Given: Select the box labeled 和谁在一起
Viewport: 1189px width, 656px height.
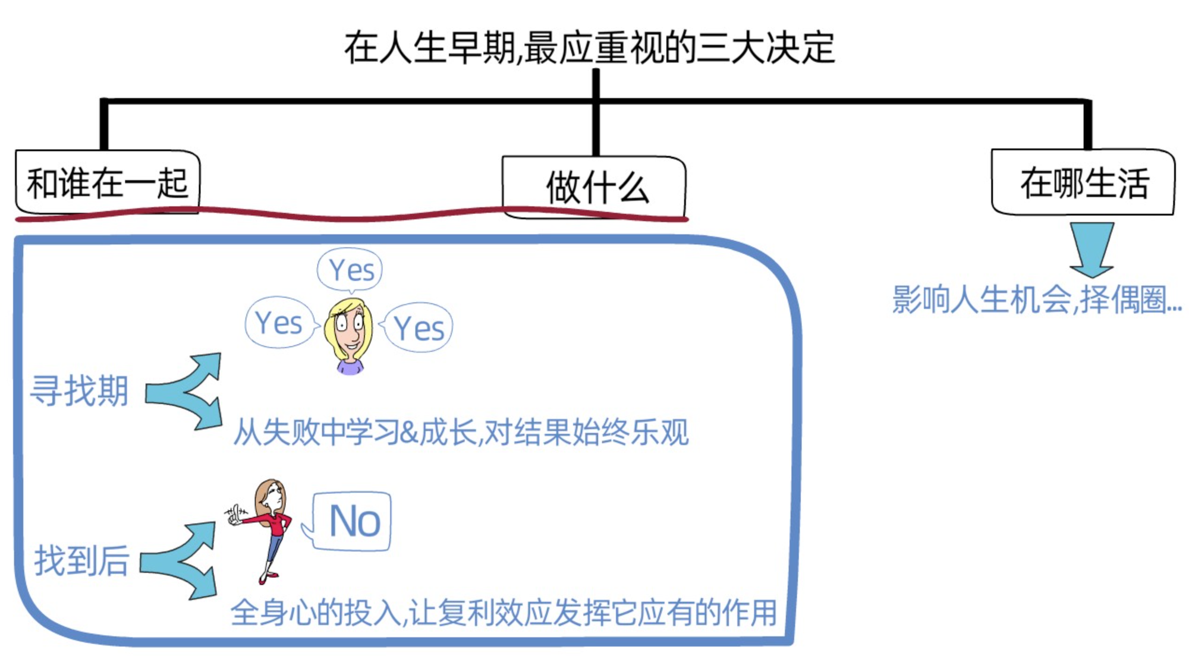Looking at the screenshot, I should (107, 182).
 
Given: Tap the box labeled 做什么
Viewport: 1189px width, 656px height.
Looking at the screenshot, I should (594, 187).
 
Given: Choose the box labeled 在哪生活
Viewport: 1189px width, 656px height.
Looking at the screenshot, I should (1083, 182).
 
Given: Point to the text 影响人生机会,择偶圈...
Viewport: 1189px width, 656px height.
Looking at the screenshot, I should (1036, 299).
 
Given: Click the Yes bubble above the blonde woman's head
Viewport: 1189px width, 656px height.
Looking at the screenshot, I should (351, 270).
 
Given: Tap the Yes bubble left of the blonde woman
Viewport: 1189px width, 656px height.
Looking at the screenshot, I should (279, 323).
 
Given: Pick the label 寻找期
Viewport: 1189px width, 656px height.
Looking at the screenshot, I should (79, 390).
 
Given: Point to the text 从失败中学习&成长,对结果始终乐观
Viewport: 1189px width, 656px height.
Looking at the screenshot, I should (461, 432).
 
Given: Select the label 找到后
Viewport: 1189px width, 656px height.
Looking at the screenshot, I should (81, 560).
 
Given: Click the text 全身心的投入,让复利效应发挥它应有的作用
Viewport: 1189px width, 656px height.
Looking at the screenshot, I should (503, 613).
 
